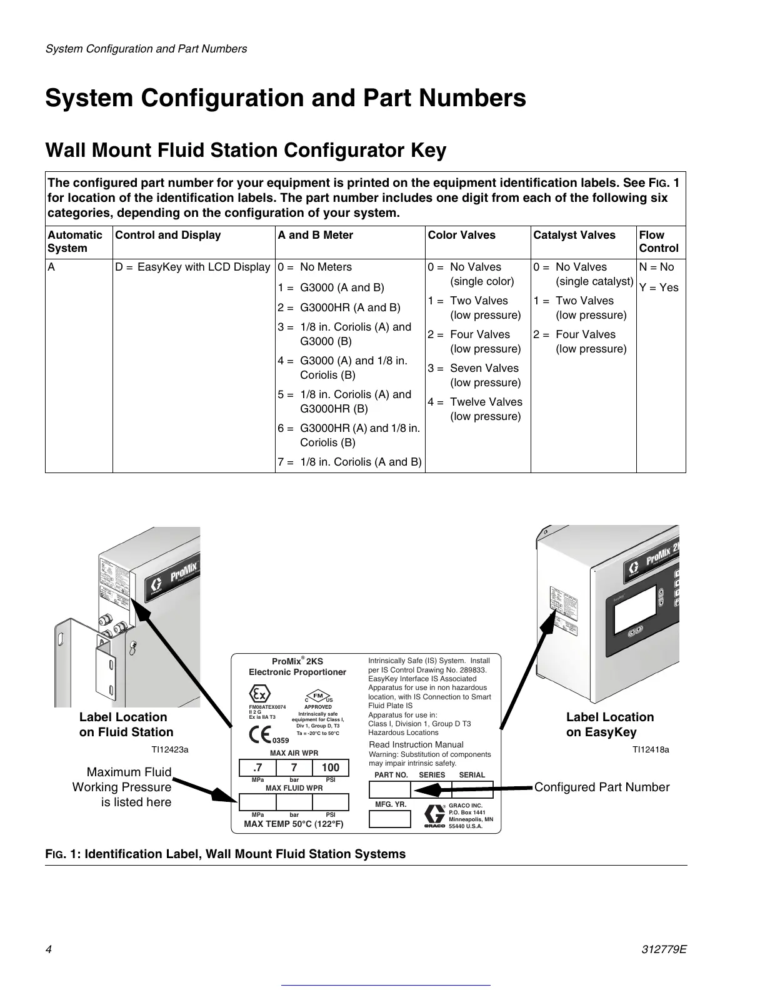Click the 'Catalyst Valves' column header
pos(574,235)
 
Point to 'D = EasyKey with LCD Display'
pos(193,267)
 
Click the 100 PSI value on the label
pos(330,767)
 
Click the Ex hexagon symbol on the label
pos(259,694)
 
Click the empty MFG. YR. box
pos(390,818)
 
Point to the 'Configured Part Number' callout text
pos(601,787)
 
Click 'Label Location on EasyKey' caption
pos(609,725)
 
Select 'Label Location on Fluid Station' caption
pos(126,725)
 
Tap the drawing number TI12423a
pos(166,749)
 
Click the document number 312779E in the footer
pos(665,949)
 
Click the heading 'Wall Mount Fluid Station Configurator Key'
pos(246,151)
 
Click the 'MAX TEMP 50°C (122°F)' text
pos(294,824)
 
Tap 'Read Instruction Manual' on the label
pos(416,744)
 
